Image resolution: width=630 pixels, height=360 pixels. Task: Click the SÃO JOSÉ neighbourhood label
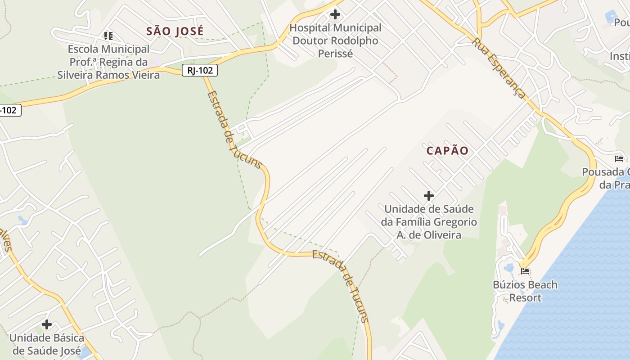coord(175,31)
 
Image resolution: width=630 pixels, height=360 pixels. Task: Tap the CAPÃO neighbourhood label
coord(447,151)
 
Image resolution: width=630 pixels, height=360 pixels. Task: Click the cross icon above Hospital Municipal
coord(335,14)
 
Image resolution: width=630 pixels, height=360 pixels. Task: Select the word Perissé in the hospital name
coord(335,54)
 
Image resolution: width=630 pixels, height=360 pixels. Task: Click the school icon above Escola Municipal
coord(108,35)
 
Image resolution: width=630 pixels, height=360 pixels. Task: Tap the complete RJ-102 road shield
coord(200,70)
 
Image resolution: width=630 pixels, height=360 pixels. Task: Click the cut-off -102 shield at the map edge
coord(10,110)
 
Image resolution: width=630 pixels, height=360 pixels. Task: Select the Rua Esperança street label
coord(499,67)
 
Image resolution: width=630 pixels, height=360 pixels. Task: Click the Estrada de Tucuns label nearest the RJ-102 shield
coord(234,129)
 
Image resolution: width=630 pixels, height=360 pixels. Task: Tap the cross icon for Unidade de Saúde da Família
coord(429,196)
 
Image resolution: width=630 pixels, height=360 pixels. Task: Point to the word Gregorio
coord(454,222)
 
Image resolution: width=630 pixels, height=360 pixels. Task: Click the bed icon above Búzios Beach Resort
coord(525,271)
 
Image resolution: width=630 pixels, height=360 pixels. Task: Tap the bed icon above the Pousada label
coord(619,159)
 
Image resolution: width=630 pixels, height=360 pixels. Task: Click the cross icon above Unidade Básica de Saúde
coord(47,324)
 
